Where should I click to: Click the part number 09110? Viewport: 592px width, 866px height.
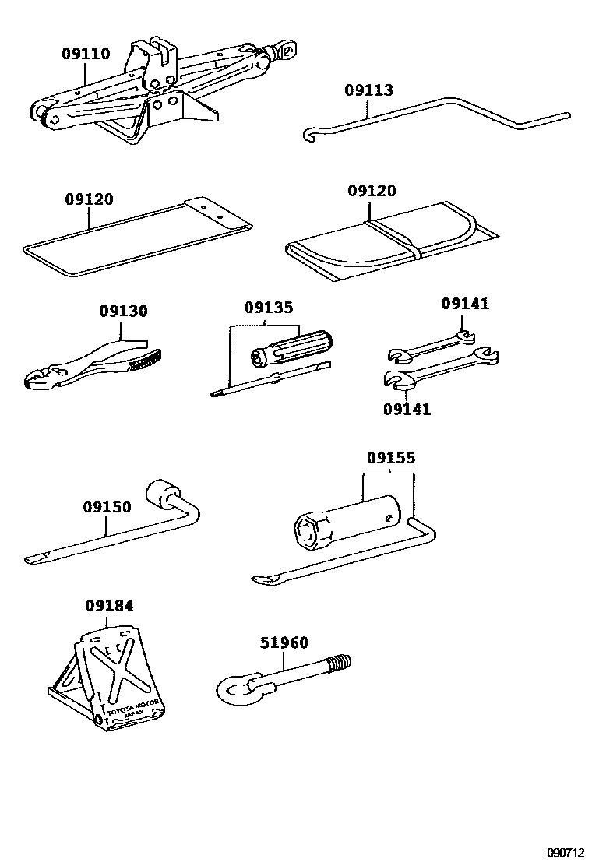coord(86,54)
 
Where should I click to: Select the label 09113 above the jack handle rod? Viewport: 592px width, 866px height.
coord(368,90)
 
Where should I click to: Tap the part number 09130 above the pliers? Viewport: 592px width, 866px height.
coord(123,312)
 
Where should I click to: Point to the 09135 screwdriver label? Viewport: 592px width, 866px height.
coord(269,308)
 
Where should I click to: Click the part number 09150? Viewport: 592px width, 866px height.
coord(107,506)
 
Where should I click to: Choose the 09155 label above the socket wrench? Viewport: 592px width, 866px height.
coord(391,459)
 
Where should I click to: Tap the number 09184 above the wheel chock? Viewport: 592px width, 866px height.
coord(109,605)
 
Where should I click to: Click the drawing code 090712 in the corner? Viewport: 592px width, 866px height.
coord(563,853)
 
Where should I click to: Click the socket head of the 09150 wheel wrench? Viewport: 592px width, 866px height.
coord(163,493)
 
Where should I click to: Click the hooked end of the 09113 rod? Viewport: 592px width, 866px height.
coord(307,136)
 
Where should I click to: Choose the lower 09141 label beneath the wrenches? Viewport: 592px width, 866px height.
coord(406,408)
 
